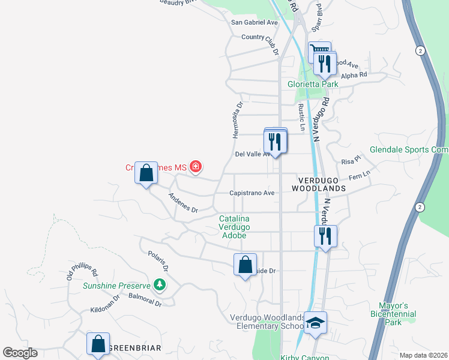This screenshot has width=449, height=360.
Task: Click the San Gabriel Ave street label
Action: [x=255, y=22]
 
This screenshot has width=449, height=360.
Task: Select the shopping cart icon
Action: [x=319, y=52]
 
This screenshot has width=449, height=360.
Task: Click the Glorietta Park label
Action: [x=313, y=84]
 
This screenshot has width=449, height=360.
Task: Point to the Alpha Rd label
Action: [x=354, y=75]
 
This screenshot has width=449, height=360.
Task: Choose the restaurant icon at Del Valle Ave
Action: [x=275, y=142]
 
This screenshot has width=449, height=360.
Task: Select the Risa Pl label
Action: [x=350, y=161]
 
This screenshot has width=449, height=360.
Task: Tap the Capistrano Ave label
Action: [x=252, y=193]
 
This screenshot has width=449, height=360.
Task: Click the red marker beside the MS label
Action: [x=195, y=167]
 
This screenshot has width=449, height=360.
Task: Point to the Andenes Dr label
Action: [x=183, y=202]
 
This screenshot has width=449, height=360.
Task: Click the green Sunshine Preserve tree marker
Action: [x=159, y=284]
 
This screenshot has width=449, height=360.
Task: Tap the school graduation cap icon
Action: [x=315, y=324]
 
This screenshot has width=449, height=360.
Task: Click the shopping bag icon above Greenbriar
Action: [x=98, y=344]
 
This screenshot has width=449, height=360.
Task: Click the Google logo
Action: [x=20, y=353]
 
